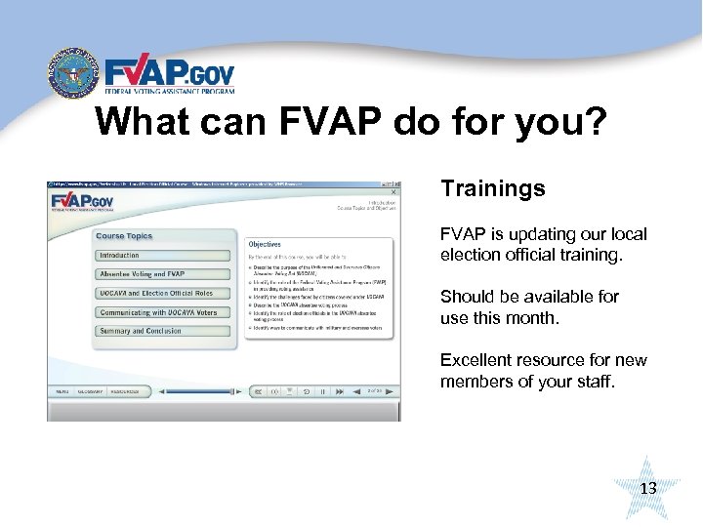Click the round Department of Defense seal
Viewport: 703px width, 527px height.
pos(73,72)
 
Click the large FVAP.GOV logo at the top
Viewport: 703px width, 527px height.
pos(169,76)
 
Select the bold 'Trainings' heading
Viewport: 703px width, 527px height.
pos(493,188)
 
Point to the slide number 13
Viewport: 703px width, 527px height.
pos(647,488)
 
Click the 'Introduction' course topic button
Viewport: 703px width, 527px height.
pos(119,256)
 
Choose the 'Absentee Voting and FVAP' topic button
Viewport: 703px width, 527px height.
pos(142,274)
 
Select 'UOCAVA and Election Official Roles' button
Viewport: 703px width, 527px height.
pos(156,293)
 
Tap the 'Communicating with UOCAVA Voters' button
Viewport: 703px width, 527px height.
pos(158,312)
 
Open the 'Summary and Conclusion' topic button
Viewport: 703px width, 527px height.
pos(141,331)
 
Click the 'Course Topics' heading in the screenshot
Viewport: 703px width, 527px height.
pos(124,236)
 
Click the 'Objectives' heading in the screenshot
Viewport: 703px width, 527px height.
pos(265,244)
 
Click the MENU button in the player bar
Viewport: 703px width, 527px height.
pos(61,391)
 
